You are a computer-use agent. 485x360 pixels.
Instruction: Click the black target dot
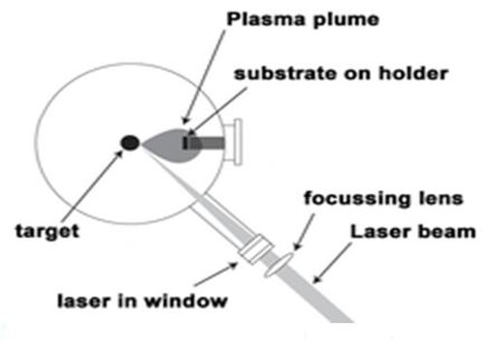[x=130, y=143]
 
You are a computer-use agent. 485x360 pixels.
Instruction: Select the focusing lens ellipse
[x=278, y=265]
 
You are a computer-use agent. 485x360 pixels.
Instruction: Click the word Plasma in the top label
[x=266, y=19]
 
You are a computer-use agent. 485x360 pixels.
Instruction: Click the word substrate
[x=285, y=74]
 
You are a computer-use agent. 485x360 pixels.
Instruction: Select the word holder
[x=413, y=73]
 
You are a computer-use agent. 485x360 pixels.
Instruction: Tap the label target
[x=48, y=232]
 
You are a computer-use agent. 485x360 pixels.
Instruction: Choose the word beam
[x=441, y=232]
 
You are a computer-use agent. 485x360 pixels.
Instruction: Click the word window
[x=185, y=301]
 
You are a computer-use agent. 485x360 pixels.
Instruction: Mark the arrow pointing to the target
[x=92, y=185]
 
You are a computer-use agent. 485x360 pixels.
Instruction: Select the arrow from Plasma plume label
[x=204, y=78]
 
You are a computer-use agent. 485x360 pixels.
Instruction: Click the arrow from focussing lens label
[x=304, y=232]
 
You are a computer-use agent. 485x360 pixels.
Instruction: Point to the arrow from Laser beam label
[x=333, y=263]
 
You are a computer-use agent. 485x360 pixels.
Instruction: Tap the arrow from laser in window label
[x=215, y=275]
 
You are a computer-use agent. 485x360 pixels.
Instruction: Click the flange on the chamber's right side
[x=234, y=143]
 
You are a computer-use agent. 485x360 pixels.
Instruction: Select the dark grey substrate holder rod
[x=208, y=143]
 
